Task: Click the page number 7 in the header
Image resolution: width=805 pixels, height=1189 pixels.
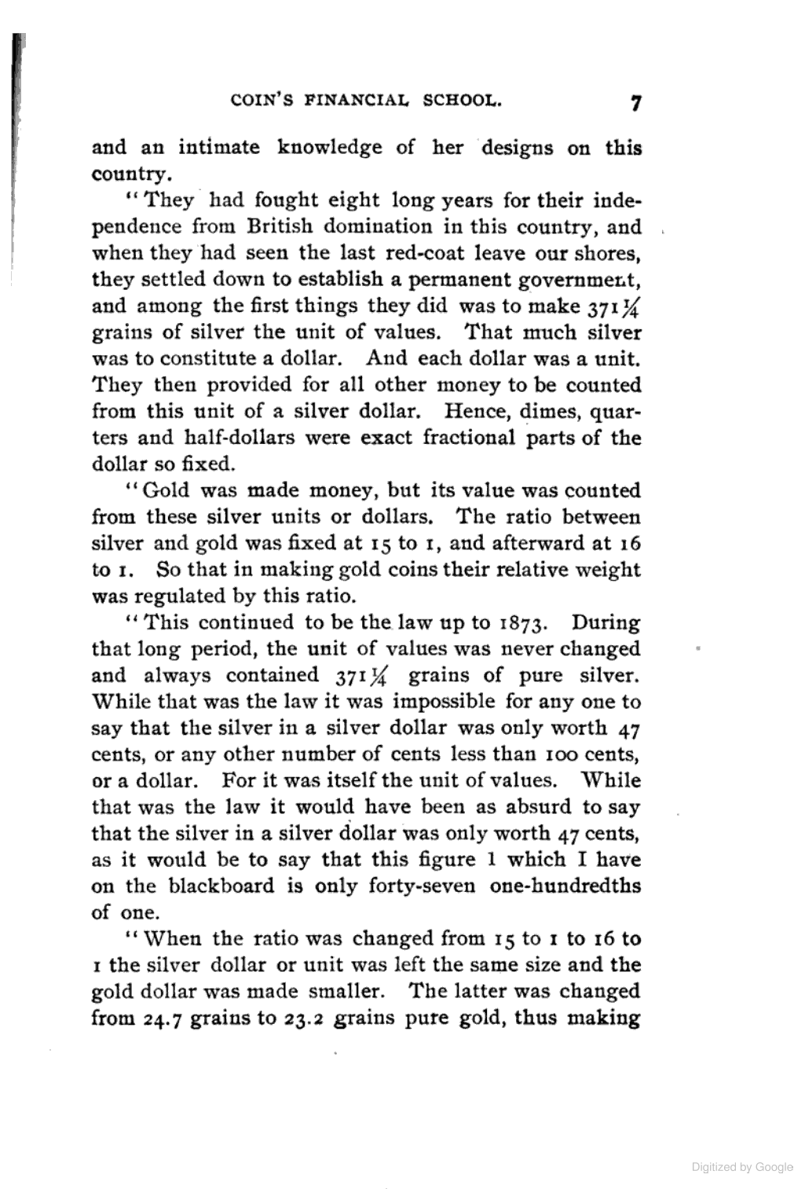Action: [x=635, y=104]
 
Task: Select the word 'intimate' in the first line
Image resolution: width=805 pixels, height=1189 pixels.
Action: [x=219, y=147]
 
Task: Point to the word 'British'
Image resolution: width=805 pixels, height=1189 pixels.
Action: [x=282, y=226]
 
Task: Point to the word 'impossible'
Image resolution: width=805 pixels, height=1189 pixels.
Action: [x=444, y=701]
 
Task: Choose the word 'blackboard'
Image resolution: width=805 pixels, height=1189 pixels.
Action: [x=221, y=886]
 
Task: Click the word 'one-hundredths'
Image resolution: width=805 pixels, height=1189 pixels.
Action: [x=565, y=886]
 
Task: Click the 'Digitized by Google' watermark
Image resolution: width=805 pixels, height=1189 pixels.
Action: [x=742, y=1167]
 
